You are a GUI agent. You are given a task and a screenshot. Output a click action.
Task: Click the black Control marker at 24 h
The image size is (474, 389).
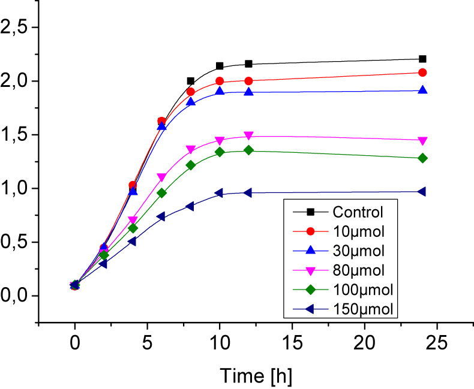click(422, 59)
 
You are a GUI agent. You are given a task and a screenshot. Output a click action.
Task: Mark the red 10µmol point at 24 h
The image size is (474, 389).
click(422, 73)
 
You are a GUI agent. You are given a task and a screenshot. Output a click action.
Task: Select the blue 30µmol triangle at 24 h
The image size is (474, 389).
click(422, 90)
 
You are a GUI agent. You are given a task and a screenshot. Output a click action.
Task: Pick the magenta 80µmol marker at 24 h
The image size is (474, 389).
click(422, 141)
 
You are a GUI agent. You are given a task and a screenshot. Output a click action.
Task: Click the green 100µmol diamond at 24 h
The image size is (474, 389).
click(422, 158)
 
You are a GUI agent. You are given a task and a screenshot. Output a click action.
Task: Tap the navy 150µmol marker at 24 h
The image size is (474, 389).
click(422, 192)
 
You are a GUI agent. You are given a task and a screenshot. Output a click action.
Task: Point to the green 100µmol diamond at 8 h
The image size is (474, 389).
click(191, 165)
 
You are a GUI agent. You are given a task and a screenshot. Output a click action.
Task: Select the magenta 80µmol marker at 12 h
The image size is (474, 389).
click(248, 136)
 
